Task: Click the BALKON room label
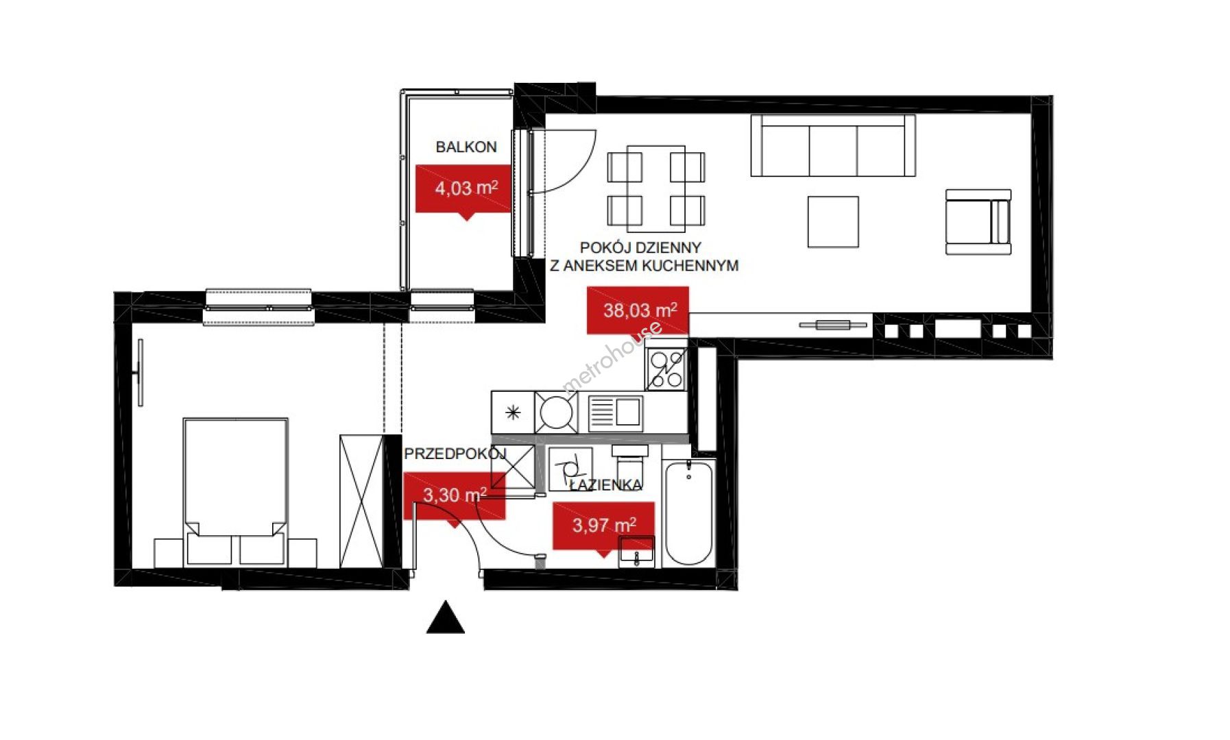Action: click(466, 147)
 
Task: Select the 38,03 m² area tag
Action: click(638, 310)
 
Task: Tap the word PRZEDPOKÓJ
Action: click(455, 454)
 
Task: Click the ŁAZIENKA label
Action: click(606, 485)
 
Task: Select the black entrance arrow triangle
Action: click(446, 617)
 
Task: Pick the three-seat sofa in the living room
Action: click(833, 145)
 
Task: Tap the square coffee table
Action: click(833, 221)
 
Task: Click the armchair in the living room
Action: click(978, 222)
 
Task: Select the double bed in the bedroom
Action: click(235, 491)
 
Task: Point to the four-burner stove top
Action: click(666, 370)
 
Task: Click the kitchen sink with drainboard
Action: click(616, 412)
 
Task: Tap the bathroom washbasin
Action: click(637, 552)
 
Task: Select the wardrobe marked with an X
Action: click(361, 502)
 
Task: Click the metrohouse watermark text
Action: click(612, 357)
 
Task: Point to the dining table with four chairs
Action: click(656, 188)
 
